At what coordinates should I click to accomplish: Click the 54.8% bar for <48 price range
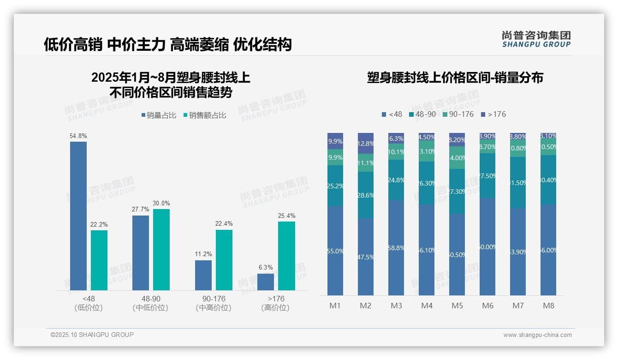click(78, 216)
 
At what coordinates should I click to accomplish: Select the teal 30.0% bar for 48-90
click(161, 249)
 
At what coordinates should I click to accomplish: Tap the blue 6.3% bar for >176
click(266, 282)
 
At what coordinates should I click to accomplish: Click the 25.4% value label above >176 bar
click(287, 216)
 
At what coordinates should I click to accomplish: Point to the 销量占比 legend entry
click(159, 115)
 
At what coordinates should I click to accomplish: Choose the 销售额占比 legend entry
click(205, 115)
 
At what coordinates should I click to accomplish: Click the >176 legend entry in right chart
click(493, 114)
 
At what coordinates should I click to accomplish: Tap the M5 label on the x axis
click(457, 306)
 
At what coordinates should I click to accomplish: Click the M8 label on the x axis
click(548, 306)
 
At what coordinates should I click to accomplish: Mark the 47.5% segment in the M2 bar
click(366, 257)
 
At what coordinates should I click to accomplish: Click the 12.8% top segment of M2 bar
click(366, 143)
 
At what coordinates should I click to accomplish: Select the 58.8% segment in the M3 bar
click(396, 247)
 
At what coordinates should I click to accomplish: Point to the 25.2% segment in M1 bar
click(335, 186)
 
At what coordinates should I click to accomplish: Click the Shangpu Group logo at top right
click(536, 39)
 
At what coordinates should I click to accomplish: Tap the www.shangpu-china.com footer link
click(537, 335)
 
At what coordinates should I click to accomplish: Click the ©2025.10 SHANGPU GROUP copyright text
click(92, 335)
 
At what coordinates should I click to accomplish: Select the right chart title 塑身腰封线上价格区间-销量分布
click(455, 78)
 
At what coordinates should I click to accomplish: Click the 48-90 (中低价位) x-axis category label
click(150, 303)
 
